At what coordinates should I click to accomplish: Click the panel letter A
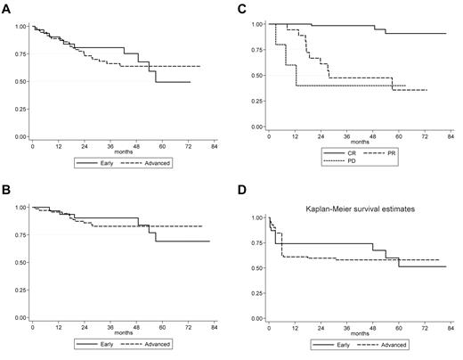[x=6, y=12]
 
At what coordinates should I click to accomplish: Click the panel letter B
[x=6, y=190]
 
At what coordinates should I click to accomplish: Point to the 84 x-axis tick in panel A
[x=213, y=144]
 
